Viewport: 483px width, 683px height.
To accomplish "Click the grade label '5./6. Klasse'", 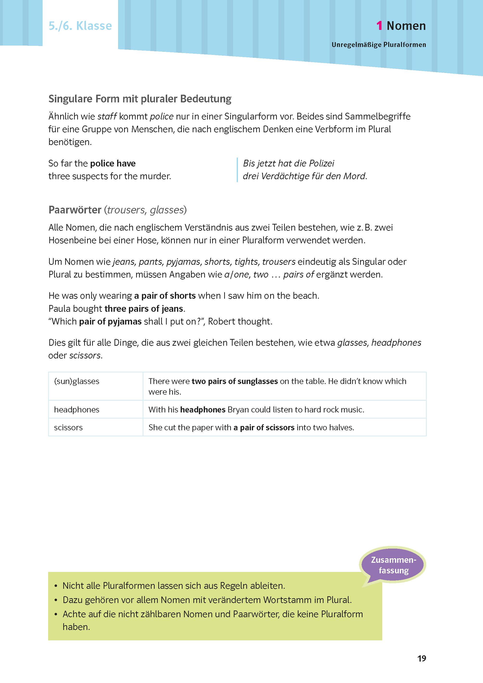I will [80, 26].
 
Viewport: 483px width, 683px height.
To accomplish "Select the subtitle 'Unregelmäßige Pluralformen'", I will [379, 45].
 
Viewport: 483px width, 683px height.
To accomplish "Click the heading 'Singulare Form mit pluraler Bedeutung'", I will [140, 99].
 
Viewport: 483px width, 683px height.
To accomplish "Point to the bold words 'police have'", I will [113, 163].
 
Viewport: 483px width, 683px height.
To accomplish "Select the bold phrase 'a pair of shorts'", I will [165, 295].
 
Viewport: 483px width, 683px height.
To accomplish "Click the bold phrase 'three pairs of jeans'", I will [144, 308].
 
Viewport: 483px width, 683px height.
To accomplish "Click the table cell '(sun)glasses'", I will [77, 381].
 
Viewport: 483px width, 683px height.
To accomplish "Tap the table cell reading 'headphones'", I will [77, 410].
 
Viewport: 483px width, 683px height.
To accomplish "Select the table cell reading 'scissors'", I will [68, 427].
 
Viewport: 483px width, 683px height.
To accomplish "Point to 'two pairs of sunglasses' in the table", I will [235, 381].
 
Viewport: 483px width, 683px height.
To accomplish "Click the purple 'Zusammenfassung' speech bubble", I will [393, 565].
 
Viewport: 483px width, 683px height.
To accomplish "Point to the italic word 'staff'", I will [107, 116].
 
